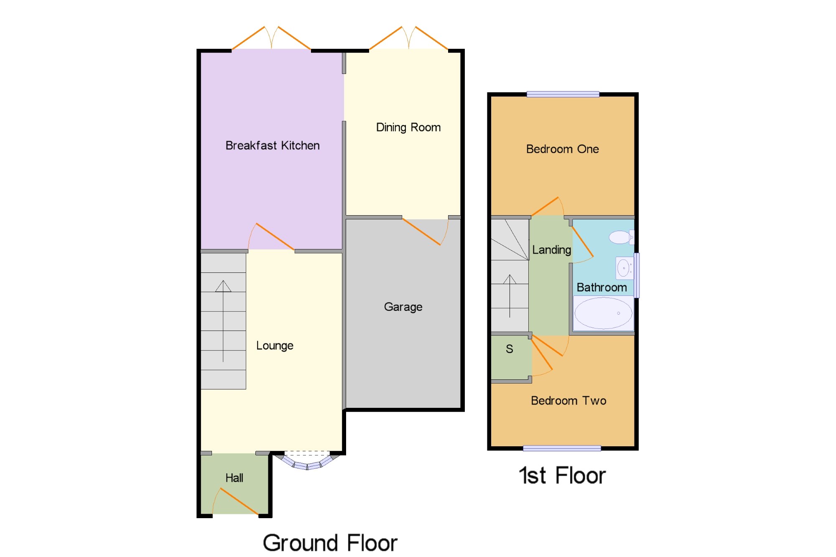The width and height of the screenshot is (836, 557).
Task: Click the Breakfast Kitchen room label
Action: pyautogui.click(x=273, y=145)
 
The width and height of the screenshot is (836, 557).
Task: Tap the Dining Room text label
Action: pyautogui.click(x=408, y=127)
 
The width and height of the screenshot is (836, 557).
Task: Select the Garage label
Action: pyautogui.click(x=403, y=307)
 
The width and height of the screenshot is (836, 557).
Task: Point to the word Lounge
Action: pyautogui.click(x=275, y=346)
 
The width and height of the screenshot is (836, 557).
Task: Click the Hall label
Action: pyautogui.click(x=234, y=478)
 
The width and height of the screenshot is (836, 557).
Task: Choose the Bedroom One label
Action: pyautogui.click(x=562, y=149)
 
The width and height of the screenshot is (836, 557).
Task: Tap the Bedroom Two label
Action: pyautogui.click(x=568, y=401)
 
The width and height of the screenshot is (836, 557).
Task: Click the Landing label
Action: pyautogui.click(x=551, y=250)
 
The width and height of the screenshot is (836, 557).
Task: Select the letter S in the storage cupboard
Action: pyautogui.click(x=509, y=349)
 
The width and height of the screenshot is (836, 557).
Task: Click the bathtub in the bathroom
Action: pyautogui.click(x=603, y=313)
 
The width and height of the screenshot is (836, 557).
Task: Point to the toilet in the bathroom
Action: pyautogui.click(x=621, y=237)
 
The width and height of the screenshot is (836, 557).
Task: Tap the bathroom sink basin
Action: pyautogui.click(x=624, y=268)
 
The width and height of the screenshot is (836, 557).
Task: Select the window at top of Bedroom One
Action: pyautogui.click(x=563, y=94)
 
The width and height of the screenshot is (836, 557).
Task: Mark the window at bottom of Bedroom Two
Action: pyautogui.click(x=562, y=448)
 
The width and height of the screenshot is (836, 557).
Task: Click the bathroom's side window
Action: pyautogui.click(x=637, y=275)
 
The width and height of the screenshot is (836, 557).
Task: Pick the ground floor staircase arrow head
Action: pyautogui.click(x=223, y=286)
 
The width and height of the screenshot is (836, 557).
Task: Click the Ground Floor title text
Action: pyautogui.click(x=330, y=543)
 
